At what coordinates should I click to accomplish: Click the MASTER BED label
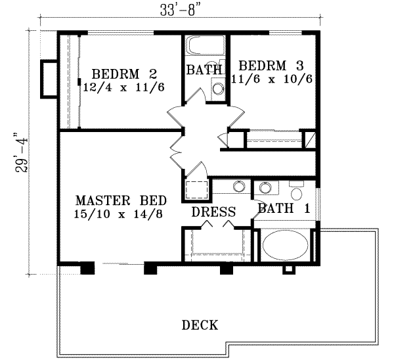(x=120, y=200)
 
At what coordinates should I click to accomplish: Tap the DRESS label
(x=213, y=212)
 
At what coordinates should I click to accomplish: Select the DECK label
(x=200, y=325)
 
